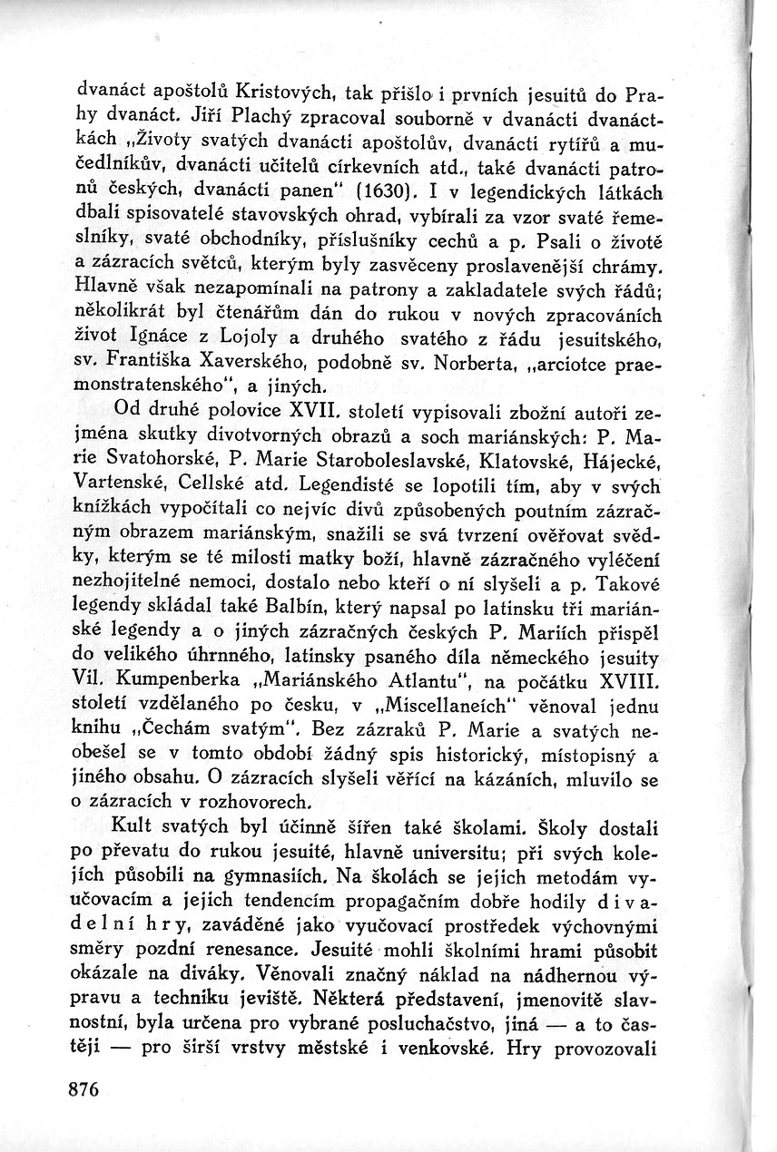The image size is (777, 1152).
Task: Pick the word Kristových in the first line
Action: point(284,93)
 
